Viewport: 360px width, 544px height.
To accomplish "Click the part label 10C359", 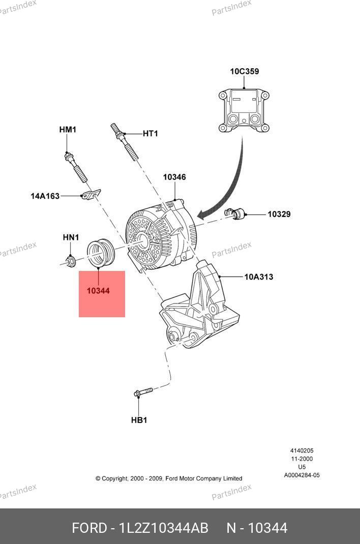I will click(244, 71).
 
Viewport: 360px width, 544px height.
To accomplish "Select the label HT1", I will click(150, 134).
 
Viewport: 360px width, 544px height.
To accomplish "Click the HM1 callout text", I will click(68, 130).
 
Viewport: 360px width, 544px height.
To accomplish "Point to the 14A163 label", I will click(45, 195).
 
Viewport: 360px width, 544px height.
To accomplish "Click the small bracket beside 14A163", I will click(91, 195).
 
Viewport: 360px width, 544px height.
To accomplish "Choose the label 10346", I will click(174, 177).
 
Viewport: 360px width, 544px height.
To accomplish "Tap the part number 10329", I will click(279, 214).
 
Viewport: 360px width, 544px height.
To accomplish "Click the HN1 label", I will click(71, 237).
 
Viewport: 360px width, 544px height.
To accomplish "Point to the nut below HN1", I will click(71, 261).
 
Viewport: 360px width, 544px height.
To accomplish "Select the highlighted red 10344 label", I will click(98, 291).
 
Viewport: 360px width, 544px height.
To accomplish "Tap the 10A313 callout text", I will click(258, 277).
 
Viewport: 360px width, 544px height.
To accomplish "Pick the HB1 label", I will click(139, 420).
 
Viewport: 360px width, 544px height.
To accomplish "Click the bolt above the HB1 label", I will click(143, 392).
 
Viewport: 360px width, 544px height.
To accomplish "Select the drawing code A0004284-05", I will click(302, 475).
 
